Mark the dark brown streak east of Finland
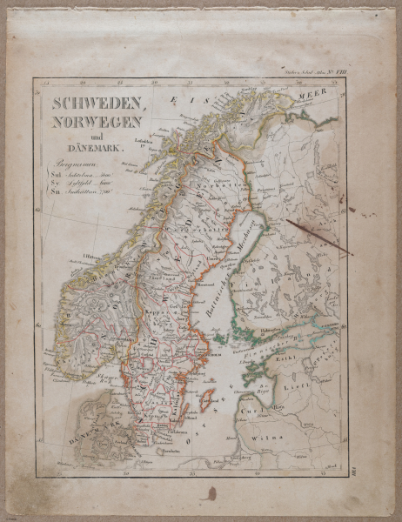[x=318, y=237]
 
